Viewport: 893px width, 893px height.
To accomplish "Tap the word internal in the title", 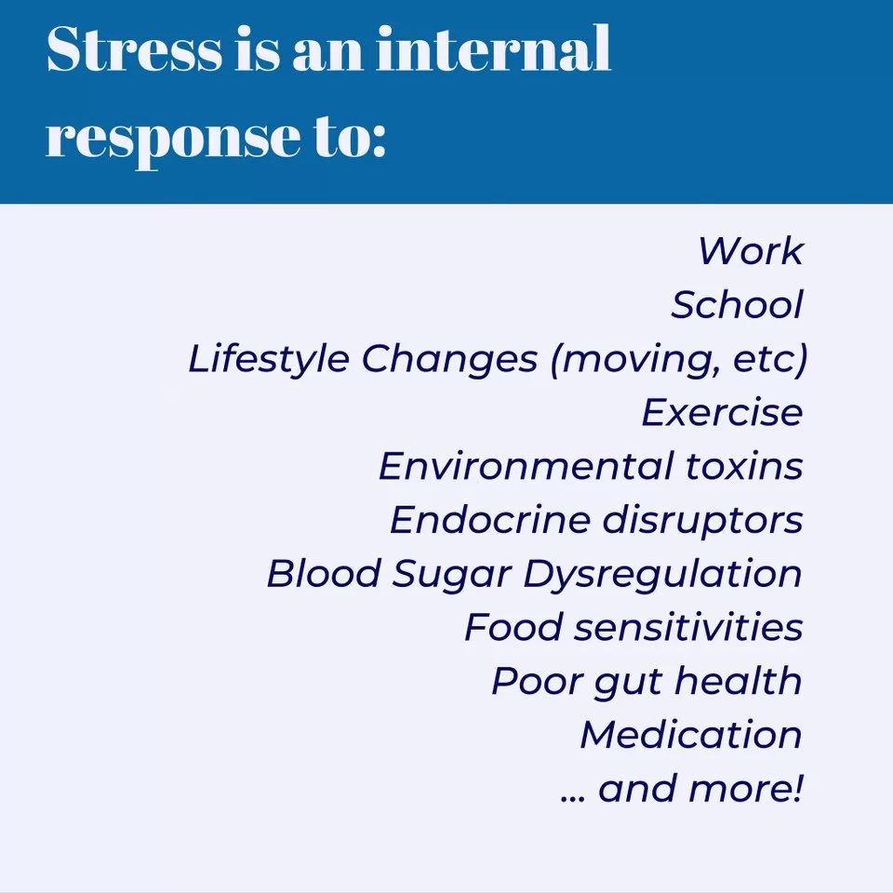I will [x=494, y=51].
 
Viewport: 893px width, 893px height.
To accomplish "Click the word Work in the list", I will [x=750, y=251].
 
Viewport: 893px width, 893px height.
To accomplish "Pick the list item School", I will [x=737, y=305].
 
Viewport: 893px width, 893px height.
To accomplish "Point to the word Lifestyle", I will [x=269, y=359].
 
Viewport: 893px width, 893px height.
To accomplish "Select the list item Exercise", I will [x=722, y=412].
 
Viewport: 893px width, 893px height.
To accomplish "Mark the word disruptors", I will [x=701, y=520].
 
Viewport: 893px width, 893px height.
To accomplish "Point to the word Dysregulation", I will [x=662, y=574].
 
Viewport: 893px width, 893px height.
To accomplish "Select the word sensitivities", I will [x=687, y=628].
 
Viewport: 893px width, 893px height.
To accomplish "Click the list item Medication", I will [x=691, y=735].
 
